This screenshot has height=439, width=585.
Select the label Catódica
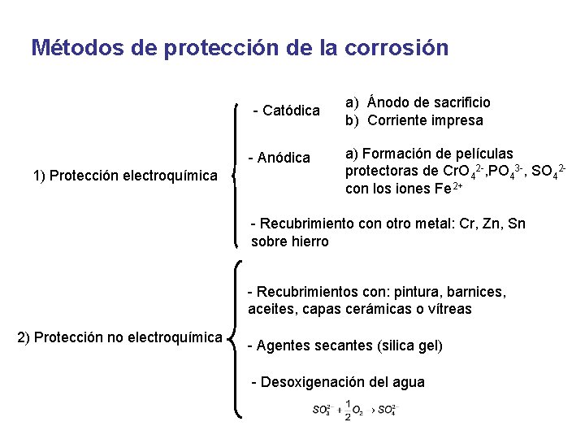tap(290, 110)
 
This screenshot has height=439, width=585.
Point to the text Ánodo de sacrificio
tap(429, 102)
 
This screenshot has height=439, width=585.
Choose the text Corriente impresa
tap(425, 120)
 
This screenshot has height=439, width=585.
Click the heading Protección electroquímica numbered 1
tap(125, 175)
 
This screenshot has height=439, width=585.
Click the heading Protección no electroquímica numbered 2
tap(119, 337)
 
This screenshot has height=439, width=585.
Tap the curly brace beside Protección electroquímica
tap(236, 174)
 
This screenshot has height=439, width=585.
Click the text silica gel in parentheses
tap(410, 346)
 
